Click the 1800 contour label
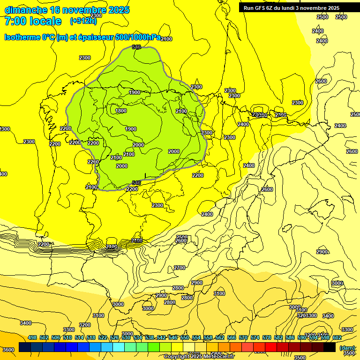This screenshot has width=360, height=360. point(121,111)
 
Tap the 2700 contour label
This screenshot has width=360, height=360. point(180,268)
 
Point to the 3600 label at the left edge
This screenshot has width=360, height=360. point(8,350)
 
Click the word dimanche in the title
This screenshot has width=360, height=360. point(26,10)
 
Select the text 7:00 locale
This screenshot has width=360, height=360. point(33,21)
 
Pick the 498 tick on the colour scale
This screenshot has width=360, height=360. point(32,337)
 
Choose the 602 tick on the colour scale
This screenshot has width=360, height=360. point(337,337)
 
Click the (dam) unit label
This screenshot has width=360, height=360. point(347,348)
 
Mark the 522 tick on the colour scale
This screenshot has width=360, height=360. point(103,337)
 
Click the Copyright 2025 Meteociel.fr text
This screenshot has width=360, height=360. point(205,357)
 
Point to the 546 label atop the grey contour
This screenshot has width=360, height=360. point(136,47)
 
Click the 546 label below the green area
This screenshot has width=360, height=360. point(136,183)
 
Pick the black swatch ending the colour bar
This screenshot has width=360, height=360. point(330,347)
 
